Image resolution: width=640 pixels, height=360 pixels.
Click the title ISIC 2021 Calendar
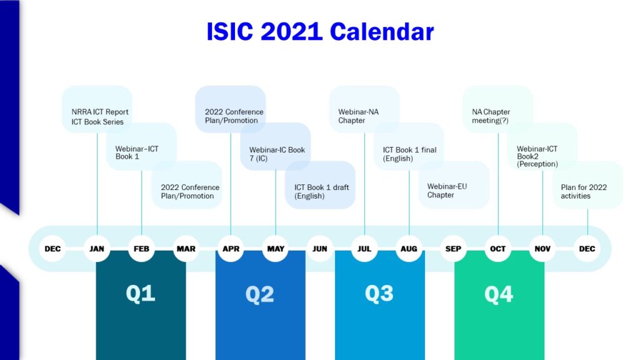pos(320,31)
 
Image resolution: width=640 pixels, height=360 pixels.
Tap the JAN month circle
pos(97,249)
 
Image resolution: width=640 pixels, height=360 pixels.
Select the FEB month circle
pos(141,249)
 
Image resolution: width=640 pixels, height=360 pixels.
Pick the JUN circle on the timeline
pos(319,249)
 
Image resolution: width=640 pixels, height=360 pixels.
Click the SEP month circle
pos(453,249)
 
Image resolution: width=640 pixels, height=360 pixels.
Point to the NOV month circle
pos(542,249)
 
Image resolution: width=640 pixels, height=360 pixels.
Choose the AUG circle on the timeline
pos(409,249)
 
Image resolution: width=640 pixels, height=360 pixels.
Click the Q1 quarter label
pos(141,294)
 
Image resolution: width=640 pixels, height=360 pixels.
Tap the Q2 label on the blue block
pos(259,294)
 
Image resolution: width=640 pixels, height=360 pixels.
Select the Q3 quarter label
pos(379,294)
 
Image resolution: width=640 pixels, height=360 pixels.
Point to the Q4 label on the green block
pos(499,294)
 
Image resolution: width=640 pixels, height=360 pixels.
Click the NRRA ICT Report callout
pos(97,109)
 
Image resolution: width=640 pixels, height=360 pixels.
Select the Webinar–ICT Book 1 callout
pos(141,146)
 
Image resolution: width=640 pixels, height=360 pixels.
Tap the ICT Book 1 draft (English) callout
pos(320,185)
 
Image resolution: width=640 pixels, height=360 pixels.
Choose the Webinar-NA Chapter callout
pos(364,109)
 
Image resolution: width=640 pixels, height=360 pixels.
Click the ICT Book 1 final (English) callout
pos(409,146)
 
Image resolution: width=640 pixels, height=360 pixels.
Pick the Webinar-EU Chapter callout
pos(454,185)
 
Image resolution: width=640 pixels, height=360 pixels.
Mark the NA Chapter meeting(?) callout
pos(497,109)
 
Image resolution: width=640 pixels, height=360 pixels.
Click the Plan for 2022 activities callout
pos(587,185)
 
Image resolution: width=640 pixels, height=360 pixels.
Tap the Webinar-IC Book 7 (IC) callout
pos(275,146)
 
